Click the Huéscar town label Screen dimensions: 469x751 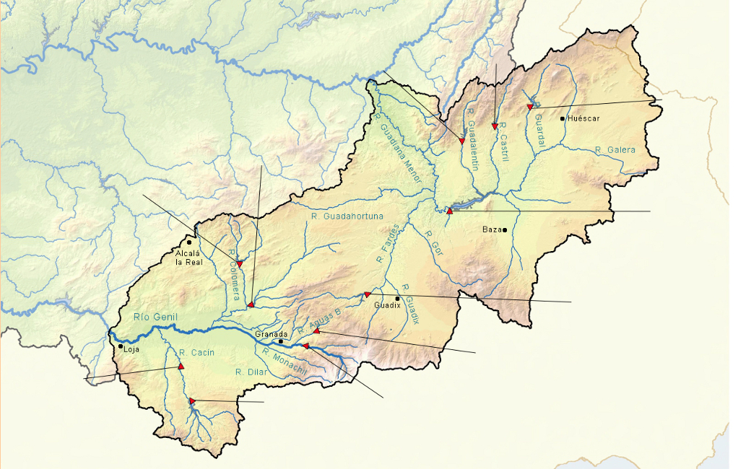pos(583,118)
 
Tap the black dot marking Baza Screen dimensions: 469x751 pos(505,230)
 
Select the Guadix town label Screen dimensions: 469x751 pos(386,305)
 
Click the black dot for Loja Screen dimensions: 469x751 pos(121,346)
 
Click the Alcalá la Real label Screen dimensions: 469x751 pos(189,258)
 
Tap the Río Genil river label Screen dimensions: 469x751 pos(155,317)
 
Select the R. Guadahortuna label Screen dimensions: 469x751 pos(347,216)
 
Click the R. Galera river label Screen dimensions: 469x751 pos(615,150)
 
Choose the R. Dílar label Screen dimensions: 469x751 pos(251,372)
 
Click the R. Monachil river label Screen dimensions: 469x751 pos(285,361)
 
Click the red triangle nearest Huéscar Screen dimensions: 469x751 pos(529,107)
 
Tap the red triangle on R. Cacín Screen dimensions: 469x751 pos(181,367)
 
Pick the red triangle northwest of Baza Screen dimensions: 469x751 pos(449,211)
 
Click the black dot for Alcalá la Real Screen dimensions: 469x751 pos(189,242)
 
